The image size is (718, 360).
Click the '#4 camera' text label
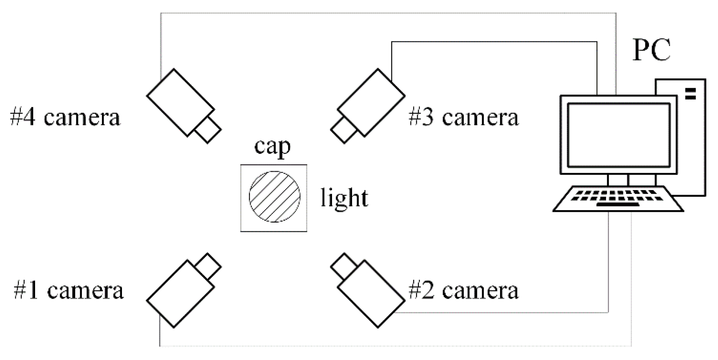click(x=65, y=117)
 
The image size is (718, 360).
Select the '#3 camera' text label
click(x=463, y=117)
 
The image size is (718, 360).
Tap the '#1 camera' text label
click(x=69, y=290)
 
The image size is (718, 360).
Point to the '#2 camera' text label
click(x=463, y=290)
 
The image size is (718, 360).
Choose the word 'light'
click(x=344, y=198)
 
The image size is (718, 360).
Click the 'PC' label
click(x=652, y=50)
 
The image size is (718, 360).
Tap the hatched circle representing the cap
click(x=274, y=197)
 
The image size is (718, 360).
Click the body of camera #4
click(x=180, y=103)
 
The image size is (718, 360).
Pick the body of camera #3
click(x=371, y=103)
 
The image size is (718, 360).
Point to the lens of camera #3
click(x=344, y=130)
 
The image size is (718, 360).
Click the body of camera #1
click(x=180, y=293)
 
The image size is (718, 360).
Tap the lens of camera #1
click(x=208, y=266)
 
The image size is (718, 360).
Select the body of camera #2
click(x=371, y=293)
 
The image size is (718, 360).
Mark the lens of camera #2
click(x=344, y=266)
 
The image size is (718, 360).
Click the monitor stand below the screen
click(x=618, y=180)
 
